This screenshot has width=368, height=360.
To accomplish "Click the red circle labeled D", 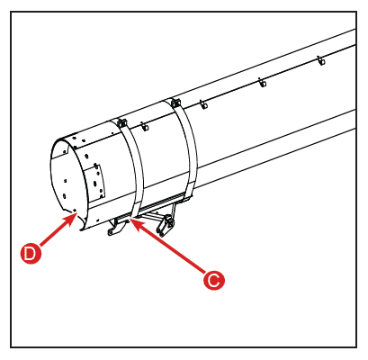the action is click(31, 254).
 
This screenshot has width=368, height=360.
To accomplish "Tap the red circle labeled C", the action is click(213, 280).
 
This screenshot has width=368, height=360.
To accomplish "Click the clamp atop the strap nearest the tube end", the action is click(122, 122).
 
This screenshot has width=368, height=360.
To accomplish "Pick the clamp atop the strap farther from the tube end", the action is click(175, 103).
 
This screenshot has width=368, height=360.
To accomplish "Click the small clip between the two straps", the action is click(145, 127).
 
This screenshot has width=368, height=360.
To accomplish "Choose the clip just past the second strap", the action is click(204, 105).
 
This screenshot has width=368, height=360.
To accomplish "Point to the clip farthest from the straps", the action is click(321, 61).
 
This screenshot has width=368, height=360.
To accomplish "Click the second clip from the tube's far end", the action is click(263, 83).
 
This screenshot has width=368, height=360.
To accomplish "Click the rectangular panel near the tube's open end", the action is click(94, 183).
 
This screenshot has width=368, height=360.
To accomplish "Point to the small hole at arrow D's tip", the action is click(75, 211).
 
